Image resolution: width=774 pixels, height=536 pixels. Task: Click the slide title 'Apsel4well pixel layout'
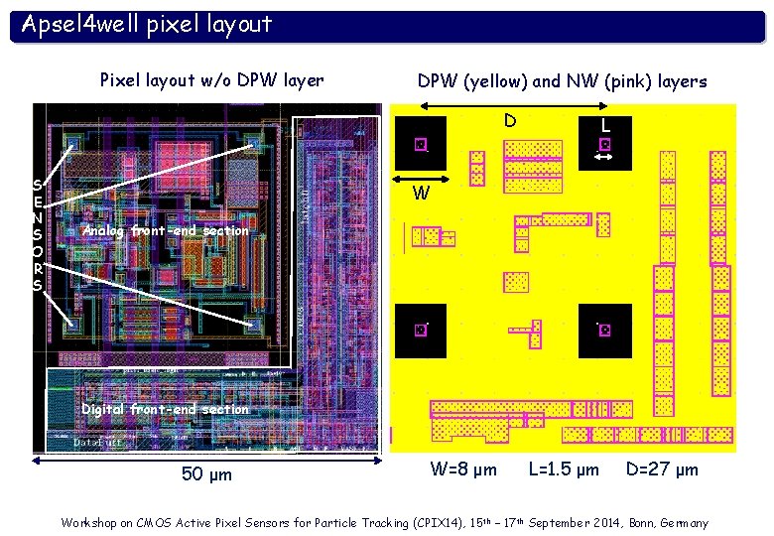[147, 24]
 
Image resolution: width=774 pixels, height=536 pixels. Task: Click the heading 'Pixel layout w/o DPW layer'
[212, 80]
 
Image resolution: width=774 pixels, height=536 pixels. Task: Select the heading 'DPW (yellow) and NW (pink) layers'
[562, 81]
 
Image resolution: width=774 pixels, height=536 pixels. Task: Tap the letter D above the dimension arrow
[509, 121]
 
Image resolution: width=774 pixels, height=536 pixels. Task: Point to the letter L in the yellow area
[605, 127]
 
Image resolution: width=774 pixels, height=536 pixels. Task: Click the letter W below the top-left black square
[421, 194]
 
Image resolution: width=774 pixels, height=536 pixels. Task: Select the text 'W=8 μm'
[463, 469]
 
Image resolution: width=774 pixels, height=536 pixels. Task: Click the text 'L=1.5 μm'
[564, 469]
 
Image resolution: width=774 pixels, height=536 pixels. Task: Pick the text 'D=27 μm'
[662, 469]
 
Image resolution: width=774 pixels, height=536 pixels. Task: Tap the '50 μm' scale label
[207, 474]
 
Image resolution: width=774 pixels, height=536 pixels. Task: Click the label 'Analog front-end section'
[166, 230]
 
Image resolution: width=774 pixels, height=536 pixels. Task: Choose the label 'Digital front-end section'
[165, 409]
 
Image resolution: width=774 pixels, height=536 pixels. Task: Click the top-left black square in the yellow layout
[421, 144]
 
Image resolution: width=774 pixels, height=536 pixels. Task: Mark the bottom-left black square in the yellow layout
[421, 330]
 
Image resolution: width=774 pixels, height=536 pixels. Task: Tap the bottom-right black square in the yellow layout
[604, 330]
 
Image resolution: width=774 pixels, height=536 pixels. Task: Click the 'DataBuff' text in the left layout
[98, 443]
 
